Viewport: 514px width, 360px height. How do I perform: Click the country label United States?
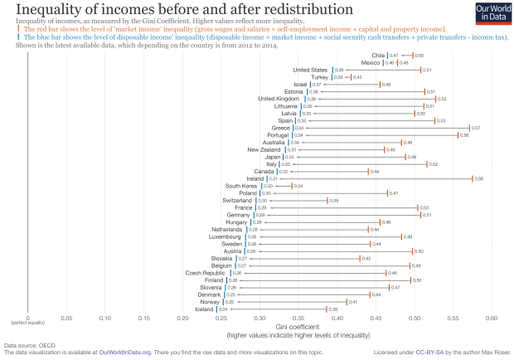pos(311,70)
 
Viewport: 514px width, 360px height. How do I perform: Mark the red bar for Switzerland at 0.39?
pos(327,200)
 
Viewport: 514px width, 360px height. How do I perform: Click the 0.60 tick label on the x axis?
pos(492,317)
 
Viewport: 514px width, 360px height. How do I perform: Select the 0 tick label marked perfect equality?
pos(27,317)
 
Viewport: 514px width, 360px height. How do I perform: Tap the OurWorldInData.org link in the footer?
pos(124,352)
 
